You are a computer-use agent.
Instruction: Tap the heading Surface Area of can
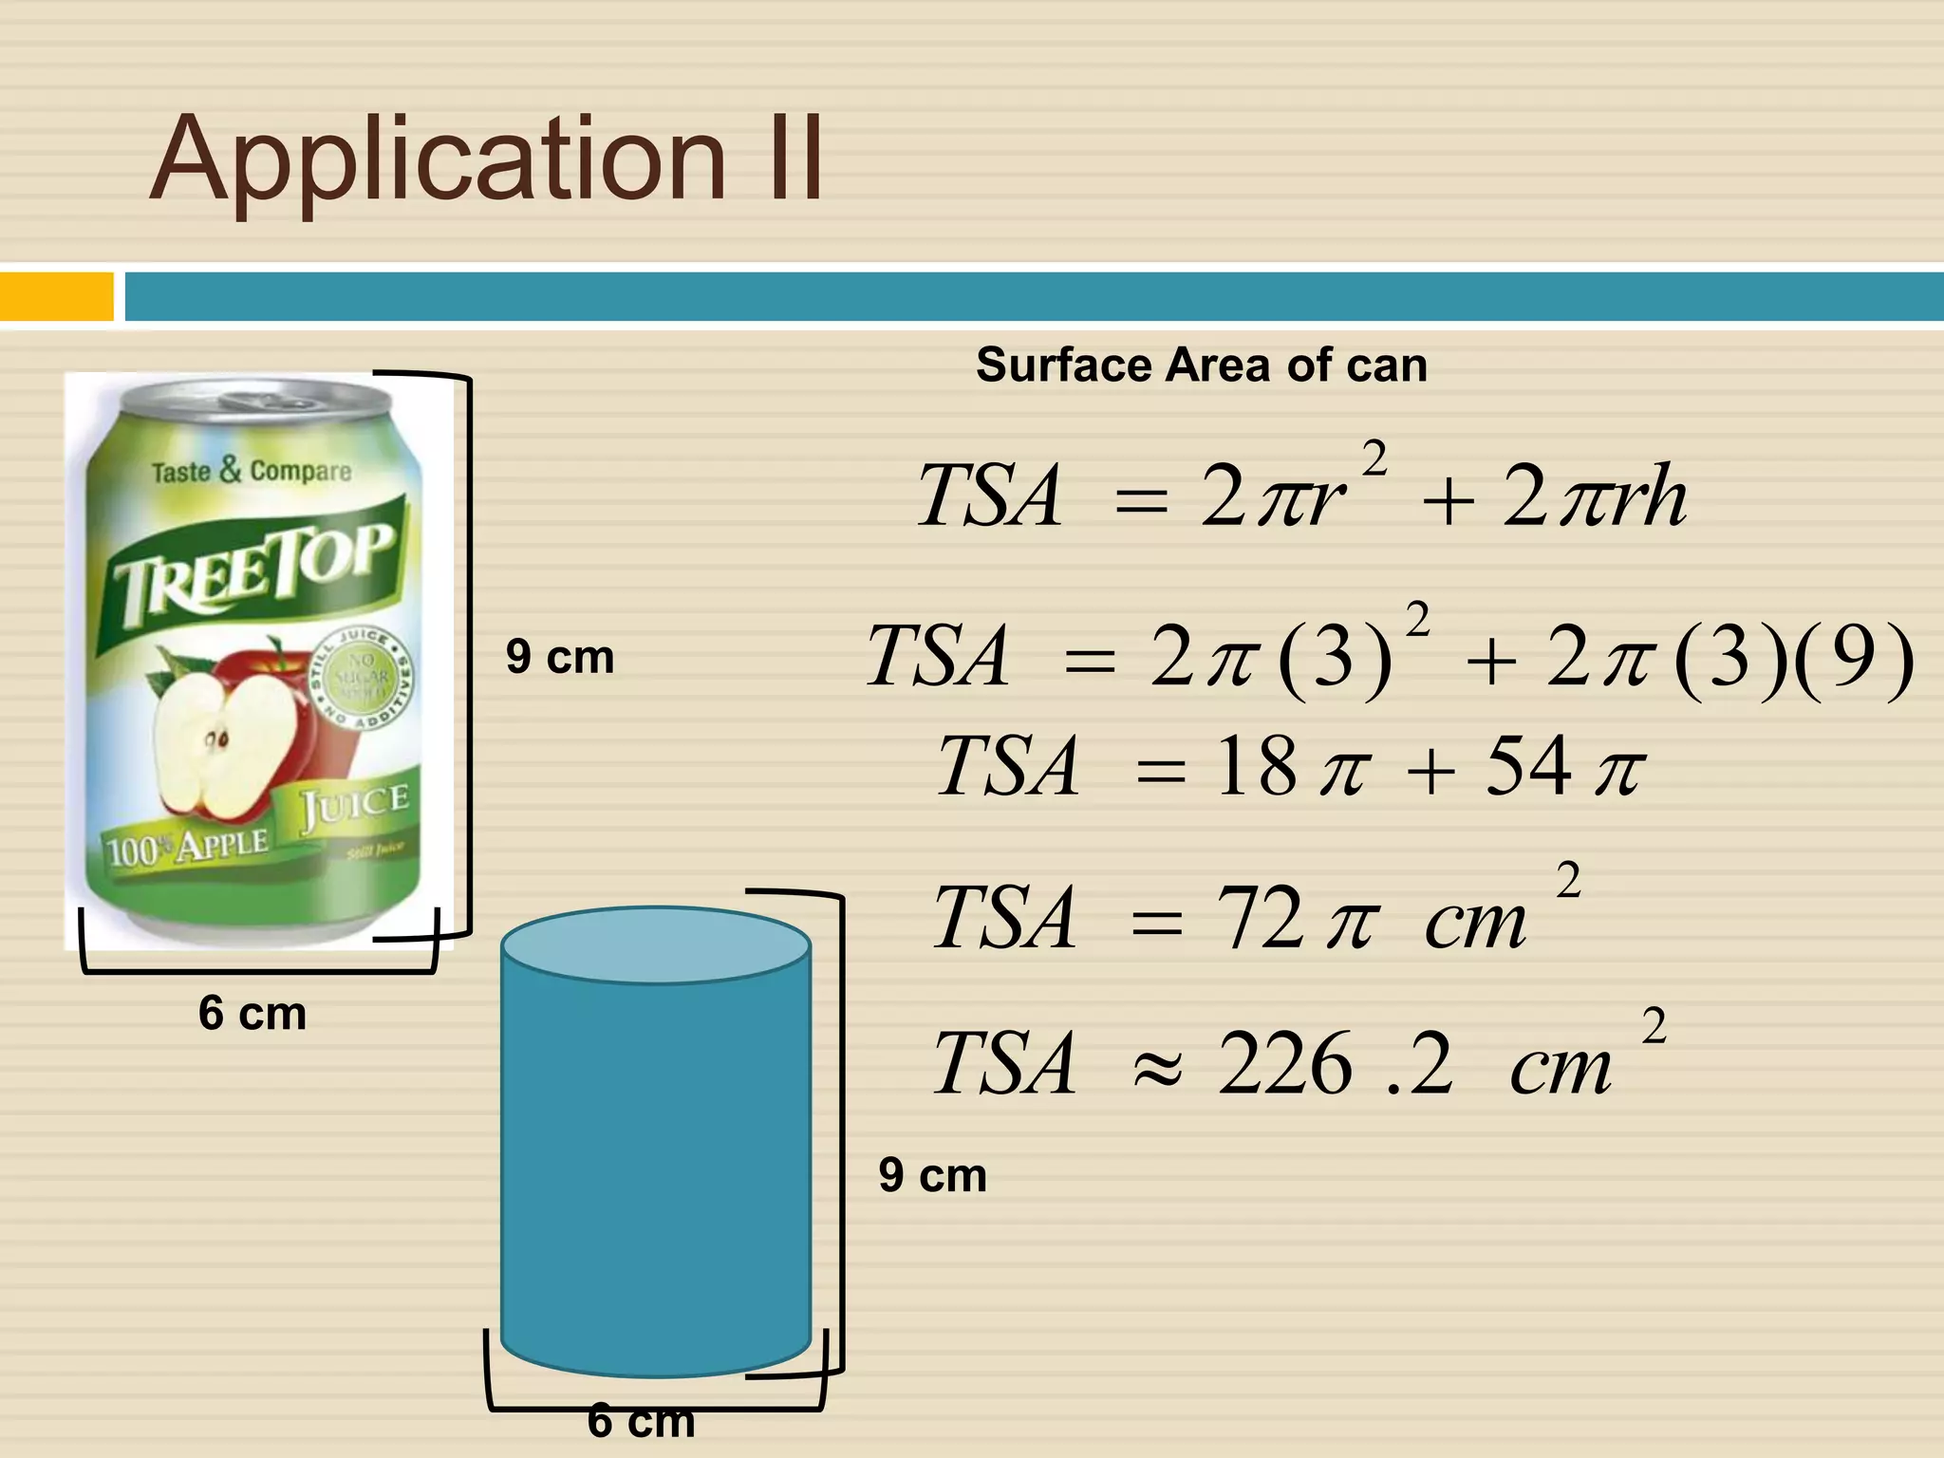pyautogui.click(x=1201, y=365)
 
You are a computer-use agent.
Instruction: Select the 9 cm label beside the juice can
pyautogui.click(x=560, y=657)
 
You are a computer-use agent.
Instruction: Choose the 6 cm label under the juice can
pyautogui.click(x=252, y=1014)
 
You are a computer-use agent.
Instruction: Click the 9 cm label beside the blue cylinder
pyautogui.click(x=932, y=1175)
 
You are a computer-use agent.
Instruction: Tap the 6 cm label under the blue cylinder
pyautogui.click(x=641, y=1421)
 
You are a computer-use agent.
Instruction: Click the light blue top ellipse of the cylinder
pyautogui.click(x=656, y=945)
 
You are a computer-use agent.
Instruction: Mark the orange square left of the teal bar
pyautogui.click(x=56, y=296)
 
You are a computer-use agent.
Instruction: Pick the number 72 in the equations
pyautogui.click(x=1260, y=918)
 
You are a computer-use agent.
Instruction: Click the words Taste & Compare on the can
pyautogui.click(x=252, y=471)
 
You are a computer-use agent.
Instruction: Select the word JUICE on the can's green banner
pyautogui.click(x=355, y=807)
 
